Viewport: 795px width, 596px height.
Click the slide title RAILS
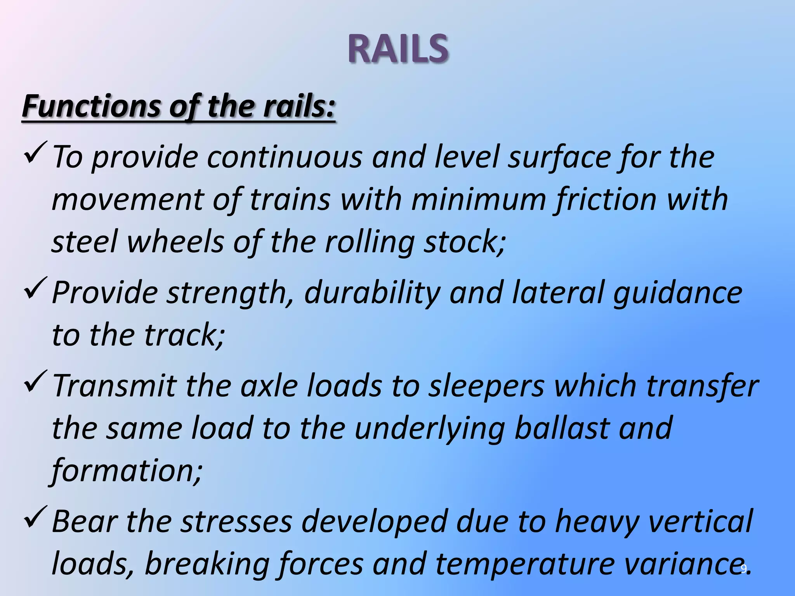tap(398, 49)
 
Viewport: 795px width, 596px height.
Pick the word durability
tap(372, 293)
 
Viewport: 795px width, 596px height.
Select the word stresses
tap(236, 522)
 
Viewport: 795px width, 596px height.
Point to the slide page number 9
tap(744, 569)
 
